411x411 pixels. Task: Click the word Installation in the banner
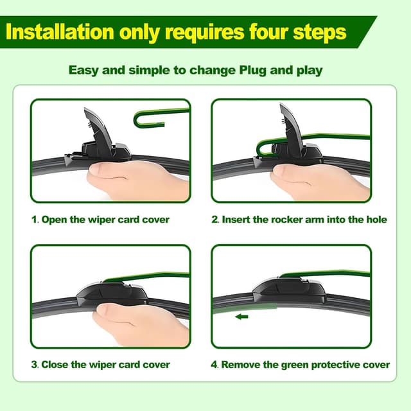pyautogui.click(x=60, y=31)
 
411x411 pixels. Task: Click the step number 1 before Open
pyautogui.click(x=34, y=220)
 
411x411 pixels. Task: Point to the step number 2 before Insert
pyautogui.click(x=214, y=220)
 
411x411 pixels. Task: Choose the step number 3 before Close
pyautogui.click(x=34, y=364)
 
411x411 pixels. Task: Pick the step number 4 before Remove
pyautogui.click(x=214, y=364)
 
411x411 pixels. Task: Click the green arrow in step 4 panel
pyautogui.click(x=241, y=317)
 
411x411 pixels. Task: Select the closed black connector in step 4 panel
pyautogui.click(x=289, y=290)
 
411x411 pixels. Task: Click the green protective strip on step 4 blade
pyautogui.click(x=245, y=308)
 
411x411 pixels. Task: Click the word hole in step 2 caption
pyautogui.click(x=376, y=220)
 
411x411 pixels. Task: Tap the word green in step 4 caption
pyautogui.click(x=295, y=365)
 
